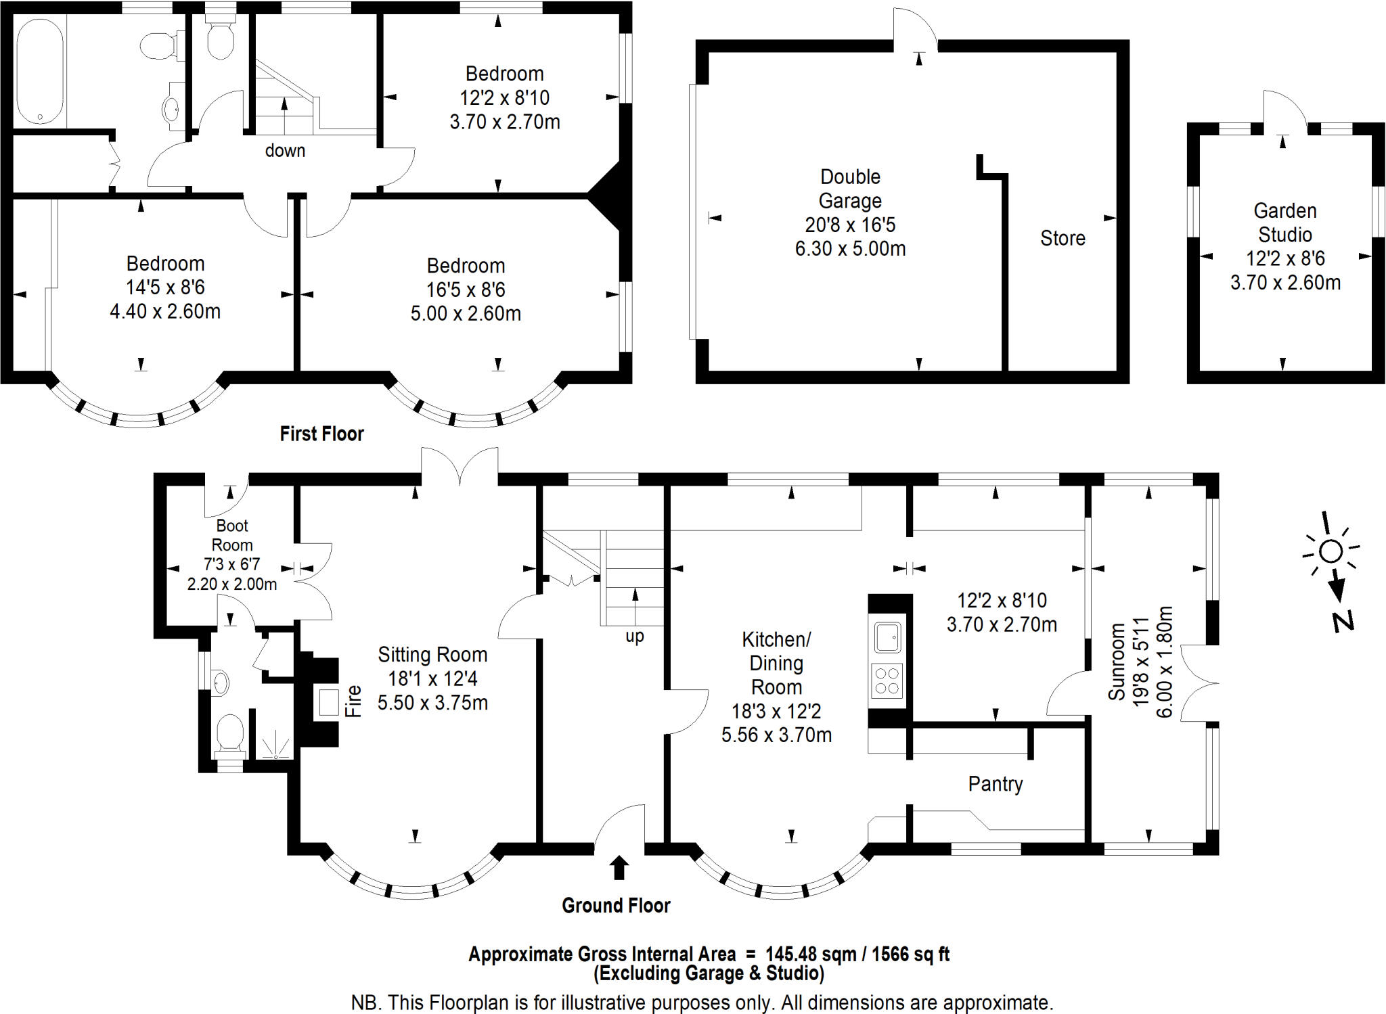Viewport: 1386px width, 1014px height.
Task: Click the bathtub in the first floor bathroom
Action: [40, 71]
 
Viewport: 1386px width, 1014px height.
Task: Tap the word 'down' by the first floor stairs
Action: [285, 150]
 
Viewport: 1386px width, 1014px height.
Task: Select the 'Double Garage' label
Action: [850, 189]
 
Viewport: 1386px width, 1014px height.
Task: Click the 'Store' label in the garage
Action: [1063, 238]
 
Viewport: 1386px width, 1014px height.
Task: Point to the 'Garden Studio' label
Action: [1285, 223]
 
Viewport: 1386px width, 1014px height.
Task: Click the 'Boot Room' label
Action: [232, 535]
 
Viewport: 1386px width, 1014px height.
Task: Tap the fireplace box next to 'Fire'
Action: [329, 702]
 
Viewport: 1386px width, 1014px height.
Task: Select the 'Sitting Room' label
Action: [432, 655]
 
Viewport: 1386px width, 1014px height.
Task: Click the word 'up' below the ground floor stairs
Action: [635, 637]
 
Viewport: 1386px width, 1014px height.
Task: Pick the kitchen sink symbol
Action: [887, 637]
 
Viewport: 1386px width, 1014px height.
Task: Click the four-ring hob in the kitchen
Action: [887, 681]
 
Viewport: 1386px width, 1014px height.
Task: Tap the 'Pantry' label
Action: [996, 784]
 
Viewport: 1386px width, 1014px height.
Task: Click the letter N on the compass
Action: [1343, 621]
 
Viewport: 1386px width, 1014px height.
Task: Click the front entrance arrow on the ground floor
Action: [619, 868]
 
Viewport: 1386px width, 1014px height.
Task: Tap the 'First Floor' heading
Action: [322, 434]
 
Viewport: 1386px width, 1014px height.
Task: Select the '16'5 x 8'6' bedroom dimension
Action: [466, 290]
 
